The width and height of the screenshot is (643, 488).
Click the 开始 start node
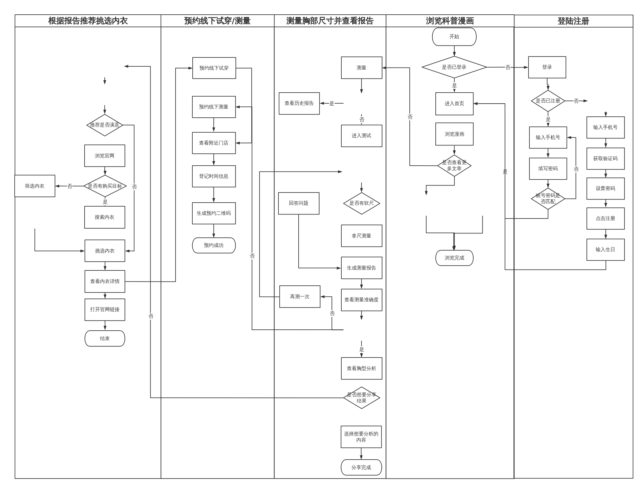454,37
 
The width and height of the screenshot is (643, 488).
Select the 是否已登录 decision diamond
454,67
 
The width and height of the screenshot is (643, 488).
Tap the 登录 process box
547,67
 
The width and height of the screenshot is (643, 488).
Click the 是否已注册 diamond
548,101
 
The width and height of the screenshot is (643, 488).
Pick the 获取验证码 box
605,159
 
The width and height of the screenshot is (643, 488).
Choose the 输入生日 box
605,250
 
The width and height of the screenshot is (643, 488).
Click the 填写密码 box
548,169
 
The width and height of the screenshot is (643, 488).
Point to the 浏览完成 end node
454,258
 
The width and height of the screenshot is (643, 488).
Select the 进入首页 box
454,104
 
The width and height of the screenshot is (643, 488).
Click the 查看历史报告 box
299,103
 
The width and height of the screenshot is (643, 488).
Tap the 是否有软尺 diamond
361,203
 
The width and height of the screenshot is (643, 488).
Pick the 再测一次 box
300,297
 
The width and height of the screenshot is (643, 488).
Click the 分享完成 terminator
361,468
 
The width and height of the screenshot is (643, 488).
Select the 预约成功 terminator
214,245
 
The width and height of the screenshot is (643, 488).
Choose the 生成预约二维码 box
214,213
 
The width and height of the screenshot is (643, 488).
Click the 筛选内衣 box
35,186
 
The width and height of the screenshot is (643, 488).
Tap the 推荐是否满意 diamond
105,125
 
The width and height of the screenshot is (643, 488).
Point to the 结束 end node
105,339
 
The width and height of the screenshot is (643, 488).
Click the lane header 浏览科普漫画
450,21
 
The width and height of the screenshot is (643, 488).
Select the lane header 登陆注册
573,21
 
